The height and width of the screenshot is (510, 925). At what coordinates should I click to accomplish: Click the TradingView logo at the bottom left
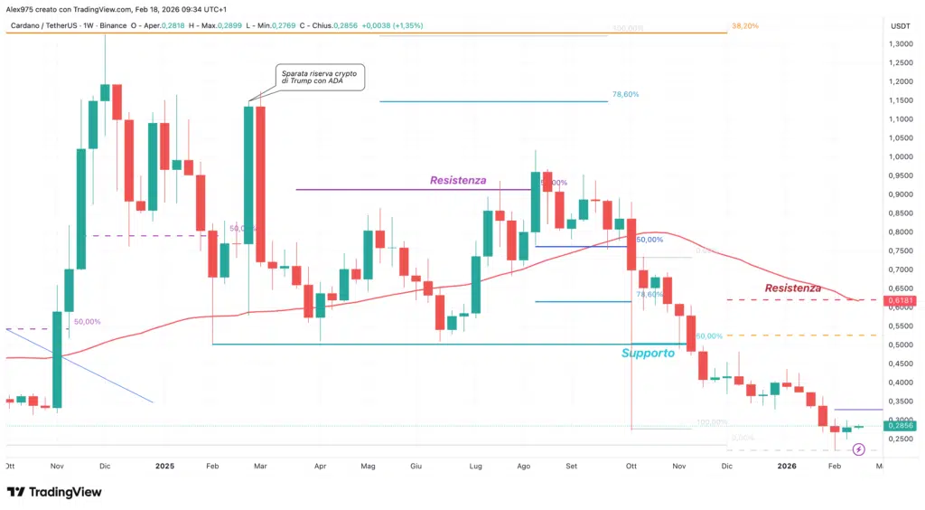[x=54, y=492]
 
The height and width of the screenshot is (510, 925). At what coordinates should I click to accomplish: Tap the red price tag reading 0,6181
[x=900, y=299]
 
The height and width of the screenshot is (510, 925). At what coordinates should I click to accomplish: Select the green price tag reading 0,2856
[x=900, y=425]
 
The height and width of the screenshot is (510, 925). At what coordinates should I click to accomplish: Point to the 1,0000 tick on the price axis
[x=901, y=156]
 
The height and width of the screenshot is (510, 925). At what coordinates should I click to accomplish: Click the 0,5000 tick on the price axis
[x=901, y=345]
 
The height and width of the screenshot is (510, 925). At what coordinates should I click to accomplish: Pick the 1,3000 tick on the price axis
[x=901, y=43]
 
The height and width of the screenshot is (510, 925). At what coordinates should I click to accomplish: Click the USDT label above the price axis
[x=900, y=26]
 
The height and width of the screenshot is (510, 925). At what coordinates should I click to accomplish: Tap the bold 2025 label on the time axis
[x=164, y=466]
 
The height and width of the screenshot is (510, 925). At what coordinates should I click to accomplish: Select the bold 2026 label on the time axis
[x=787, y=466]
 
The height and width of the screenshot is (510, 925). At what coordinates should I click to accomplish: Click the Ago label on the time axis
[x=524, y=466]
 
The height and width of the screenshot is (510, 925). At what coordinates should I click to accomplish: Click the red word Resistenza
[x=793, y=288]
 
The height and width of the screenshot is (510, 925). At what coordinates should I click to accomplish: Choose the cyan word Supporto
[x=648, y=354]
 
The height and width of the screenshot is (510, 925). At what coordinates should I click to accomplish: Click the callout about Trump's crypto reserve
[x=319, y=77]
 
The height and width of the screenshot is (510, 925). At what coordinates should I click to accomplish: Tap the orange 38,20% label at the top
[x=745, y=26]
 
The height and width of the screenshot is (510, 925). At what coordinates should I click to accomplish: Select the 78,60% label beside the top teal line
[x=625, y=94]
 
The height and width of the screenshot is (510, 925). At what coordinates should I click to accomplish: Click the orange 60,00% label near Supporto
[x=709, y=335]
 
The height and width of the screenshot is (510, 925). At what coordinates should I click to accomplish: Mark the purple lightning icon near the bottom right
[x=859, y=449]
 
